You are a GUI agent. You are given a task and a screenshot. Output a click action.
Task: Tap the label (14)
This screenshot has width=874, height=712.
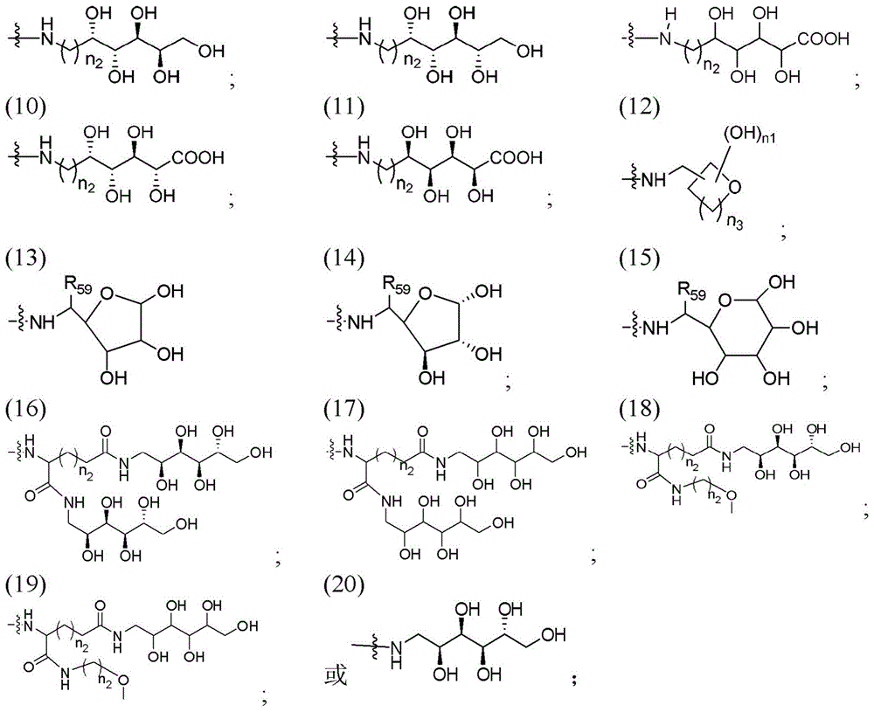pyautogui.click(x=345, y=258)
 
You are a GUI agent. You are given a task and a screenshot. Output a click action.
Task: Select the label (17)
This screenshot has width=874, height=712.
pyautogui.click(x=345, y=410)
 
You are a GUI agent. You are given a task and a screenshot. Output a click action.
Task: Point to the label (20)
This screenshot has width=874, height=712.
pyautogui.click(x=345, y=584)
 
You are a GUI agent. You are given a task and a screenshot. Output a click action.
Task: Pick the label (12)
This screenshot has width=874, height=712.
pyautogui.click(x=640, y=107)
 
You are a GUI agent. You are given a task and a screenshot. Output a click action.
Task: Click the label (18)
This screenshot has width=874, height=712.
pyautogui.click(x=640, y=410)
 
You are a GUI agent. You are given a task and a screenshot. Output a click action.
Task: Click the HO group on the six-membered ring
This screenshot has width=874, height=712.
pyautogui.click(x=705, y=379)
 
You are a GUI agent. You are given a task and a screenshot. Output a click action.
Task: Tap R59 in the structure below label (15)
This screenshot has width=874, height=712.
pyautogui.click(x=691, y=290)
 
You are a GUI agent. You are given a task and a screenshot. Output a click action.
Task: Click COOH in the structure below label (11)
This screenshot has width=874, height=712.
pyautogui.click(x=517, y=157)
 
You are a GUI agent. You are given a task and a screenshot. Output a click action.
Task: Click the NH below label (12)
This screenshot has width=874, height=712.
pyautogui.click(x=653, y=180)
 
